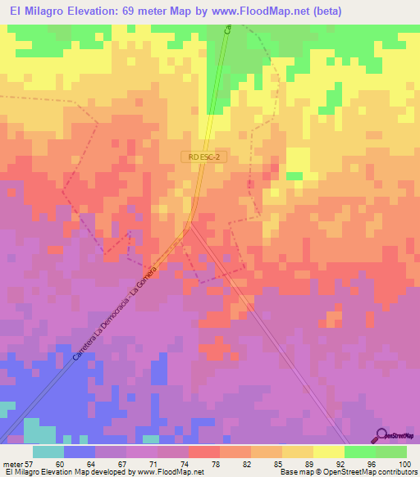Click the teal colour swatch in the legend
tap(48, 452)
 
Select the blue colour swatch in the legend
tap(79, 452)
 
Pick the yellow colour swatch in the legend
tap(328, 452)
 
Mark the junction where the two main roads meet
tap(190, 224)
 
